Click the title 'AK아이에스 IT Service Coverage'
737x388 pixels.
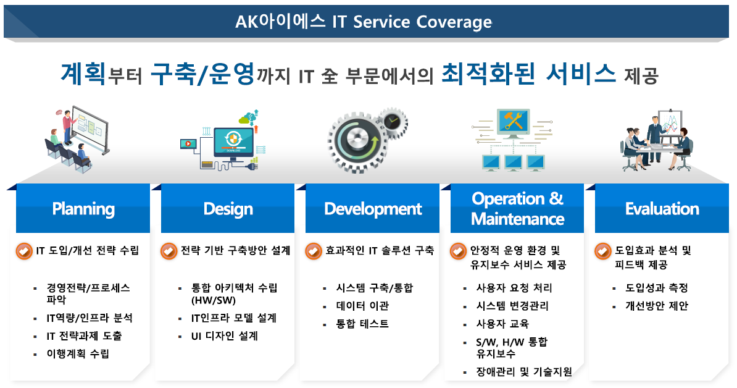pos(364,22)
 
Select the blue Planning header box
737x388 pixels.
pos(83,208)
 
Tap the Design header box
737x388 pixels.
pos(228,208)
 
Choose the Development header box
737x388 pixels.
pos(372,208)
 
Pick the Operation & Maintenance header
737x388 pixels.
pos(517,208)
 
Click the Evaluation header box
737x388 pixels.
pos(662,208)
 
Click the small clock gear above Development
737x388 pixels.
pos(391,122)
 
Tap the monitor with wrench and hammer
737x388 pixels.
pos(514,122)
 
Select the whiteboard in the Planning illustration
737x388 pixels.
pos(91,128)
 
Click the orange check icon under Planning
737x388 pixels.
pos(25,251)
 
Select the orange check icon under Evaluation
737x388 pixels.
pos(603,251)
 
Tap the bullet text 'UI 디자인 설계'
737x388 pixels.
pos(225,336)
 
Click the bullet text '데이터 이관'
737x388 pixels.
pos(362,306)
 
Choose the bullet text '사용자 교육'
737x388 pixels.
pos(502,324)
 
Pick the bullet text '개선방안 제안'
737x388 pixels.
pos(657,306)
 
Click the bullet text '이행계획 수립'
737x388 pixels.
pos(78,353)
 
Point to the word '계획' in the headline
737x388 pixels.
pos(83,74)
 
